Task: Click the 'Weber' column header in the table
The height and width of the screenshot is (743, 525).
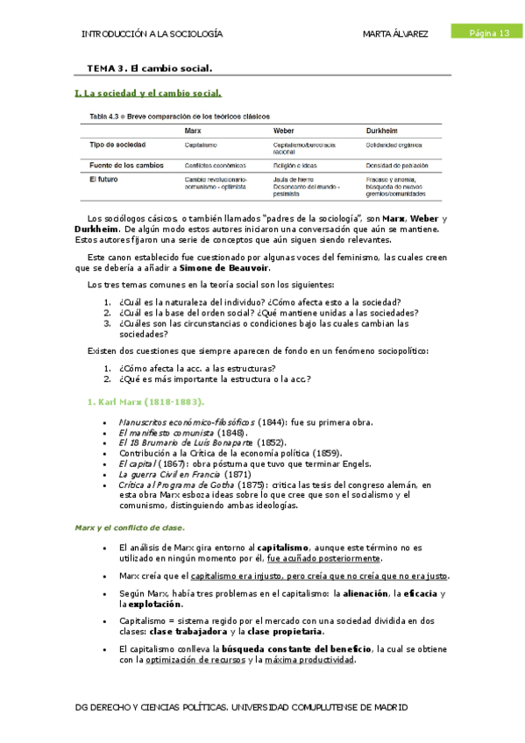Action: coord(286,131)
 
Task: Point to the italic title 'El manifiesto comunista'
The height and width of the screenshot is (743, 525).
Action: coord(166,432)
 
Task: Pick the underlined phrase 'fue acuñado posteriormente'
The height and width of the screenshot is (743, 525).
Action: coord(324,558)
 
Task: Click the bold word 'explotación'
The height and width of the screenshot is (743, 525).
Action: coord(152,604)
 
